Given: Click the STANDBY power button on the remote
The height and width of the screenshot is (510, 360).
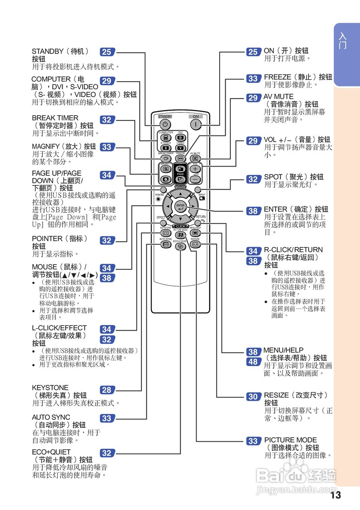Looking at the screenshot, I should (x=165, y=124).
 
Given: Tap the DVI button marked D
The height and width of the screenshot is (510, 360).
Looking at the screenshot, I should (x=180, y=138).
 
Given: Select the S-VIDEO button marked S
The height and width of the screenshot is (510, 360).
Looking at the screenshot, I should (x=165, y=148).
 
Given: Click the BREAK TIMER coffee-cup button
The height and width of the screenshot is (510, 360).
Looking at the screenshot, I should (x=165, y=158).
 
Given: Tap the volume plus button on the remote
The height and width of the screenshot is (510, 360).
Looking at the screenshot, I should (x=195, y=169).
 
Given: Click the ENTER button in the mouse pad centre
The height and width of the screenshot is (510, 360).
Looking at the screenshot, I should (x=180, y=206).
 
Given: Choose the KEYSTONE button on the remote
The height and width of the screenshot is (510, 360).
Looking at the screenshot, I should (x=165, y=233).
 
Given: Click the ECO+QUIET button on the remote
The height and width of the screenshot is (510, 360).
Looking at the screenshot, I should (x=180, y=246).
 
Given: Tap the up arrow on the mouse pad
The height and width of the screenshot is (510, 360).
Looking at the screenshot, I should (x=180, y=194).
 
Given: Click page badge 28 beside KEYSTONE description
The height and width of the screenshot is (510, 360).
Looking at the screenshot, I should (x=106, y=390).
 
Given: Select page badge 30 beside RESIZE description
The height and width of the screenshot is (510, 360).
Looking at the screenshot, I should (x=253, y=396).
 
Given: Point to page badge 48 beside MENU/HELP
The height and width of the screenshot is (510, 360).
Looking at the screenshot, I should (x=253, y=362).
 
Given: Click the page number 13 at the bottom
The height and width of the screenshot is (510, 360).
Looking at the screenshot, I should (x=336, y=495).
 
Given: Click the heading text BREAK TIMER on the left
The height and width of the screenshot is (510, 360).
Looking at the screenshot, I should (x=55, y=118).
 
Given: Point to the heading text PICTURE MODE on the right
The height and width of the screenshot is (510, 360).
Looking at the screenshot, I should (x=291, y=440).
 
